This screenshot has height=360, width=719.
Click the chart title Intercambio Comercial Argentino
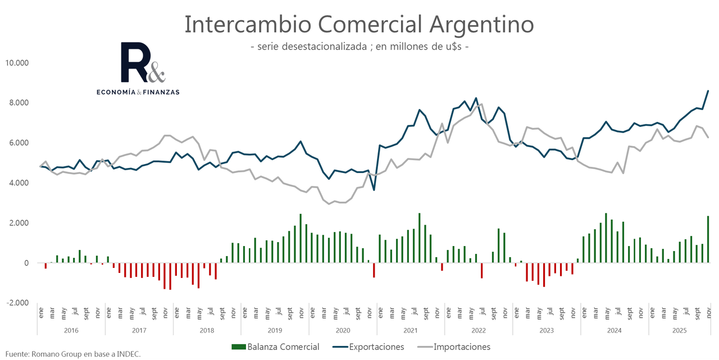pos(359,25)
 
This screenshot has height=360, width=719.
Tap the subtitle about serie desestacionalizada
pos(359,47)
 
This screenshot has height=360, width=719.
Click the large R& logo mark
pos(143,63)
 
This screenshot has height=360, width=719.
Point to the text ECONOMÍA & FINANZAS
pos(138,92)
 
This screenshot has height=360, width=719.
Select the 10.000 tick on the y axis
pos(17,62)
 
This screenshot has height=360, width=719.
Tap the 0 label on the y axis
pos(25,263)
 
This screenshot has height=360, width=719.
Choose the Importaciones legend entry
pos(456,347)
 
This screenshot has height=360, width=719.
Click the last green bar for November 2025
pos(708,239)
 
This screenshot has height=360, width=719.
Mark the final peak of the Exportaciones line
pos(708,90)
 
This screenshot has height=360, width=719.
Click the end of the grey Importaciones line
pos(708,138)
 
